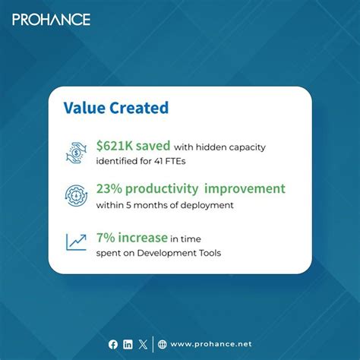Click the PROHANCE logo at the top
pyautogui.click(x=51, y=19)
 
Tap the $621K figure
pyautogui.click(x=115, y=146)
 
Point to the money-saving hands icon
pyautogui.click(x=76, y=153)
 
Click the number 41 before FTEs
pyautogui.click(x=182, y=160)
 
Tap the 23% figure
pyautogui.click(x=110, y=188)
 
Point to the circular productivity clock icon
pyautogui.click(x=76, y=195)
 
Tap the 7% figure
pyautogui.click(x=106, y=238)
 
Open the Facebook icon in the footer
pyautogui.click(x=113, y=344)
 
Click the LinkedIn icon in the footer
pyautogui.click(x=128, y=344)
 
